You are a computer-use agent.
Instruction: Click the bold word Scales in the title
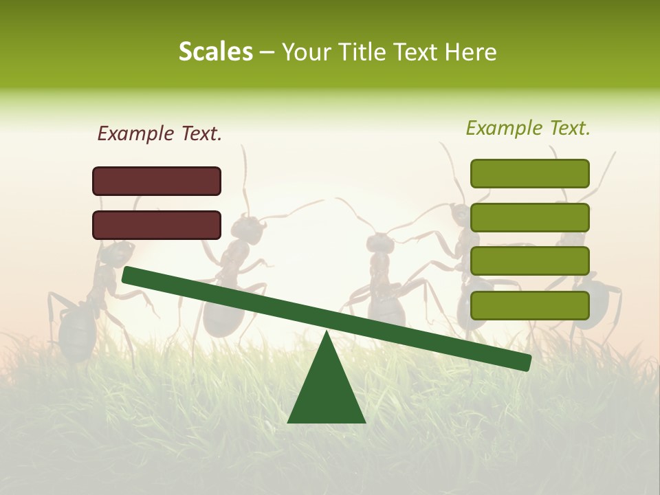coord(215,52)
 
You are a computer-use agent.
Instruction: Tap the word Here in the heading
coord(472,52)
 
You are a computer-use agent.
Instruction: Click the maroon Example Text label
coord(159,134)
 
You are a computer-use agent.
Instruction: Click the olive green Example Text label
coord(528,128)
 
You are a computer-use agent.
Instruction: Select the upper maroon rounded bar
coord(157,181)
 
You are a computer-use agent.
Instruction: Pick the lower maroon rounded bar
coord(157,225)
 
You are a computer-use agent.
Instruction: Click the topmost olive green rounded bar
coord(530,173)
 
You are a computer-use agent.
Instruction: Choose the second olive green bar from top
coord(530,217)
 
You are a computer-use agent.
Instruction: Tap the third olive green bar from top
coord(530,261)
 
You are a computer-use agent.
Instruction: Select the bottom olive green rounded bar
coord(530,305)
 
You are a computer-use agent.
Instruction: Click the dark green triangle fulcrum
coord(327,392)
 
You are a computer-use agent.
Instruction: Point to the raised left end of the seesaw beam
coord(128,275)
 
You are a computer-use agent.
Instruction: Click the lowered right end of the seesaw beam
coord(525,362)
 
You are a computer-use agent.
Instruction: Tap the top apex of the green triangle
coord(327,334)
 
